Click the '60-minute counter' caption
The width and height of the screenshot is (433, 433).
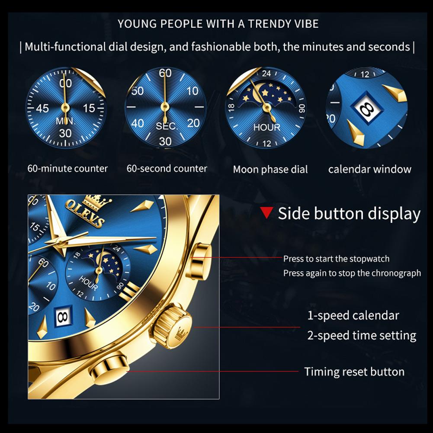coord(68,168)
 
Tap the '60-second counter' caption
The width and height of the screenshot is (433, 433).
coord(167,168)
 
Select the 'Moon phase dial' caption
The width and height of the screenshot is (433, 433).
coord(270,170)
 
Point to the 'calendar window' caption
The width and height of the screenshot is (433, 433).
coord(370,169)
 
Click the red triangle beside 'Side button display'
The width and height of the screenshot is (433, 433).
coord(267,213)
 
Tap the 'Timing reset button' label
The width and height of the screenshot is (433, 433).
coord(354,372)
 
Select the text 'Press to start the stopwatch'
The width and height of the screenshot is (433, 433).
coord(336,259)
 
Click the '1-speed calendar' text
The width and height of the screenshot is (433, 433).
coord(353,315)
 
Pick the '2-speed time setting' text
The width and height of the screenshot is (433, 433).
coord(362,335)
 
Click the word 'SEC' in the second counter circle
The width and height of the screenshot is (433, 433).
coord(166,126)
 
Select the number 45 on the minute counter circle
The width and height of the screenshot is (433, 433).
coord(42,108)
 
